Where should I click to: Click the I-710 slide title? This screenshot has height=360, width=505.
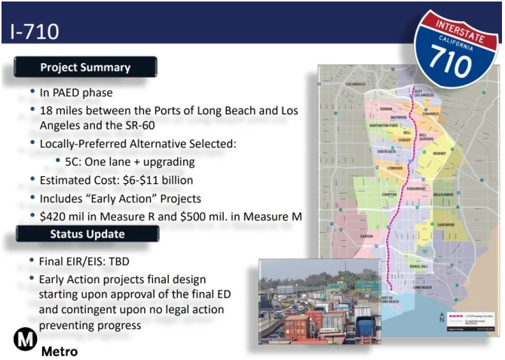[35, 31]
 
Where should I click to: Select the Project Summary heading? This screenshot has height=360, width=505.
[84, 67]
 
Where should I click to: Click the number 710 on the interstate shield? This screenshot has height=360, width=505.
[459, 57]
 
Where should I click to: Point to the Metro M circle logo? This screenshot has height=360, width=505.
[25, 340]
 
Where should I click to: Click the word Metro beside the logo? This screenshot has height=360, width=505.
[60, 351]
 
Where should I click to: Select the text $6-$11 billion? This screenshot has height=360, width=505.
[159, 180]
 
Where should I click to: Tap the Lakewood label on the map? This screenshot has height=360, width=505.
[444, 224]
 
